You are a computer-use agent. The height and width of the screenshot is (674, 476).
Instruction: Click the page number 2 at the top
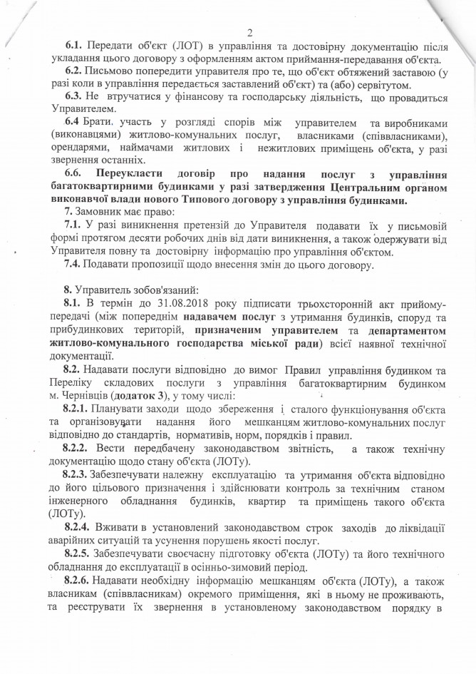pyautogui.click(x=249, y=31)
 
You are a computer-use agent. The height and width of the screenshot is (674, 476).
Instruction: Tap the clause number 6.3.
pyautogui.click(x=74, y=96)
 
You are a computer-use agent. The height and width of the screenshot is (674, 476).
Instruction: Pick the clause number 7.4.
pyautogui.click(x=74, y=265)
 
